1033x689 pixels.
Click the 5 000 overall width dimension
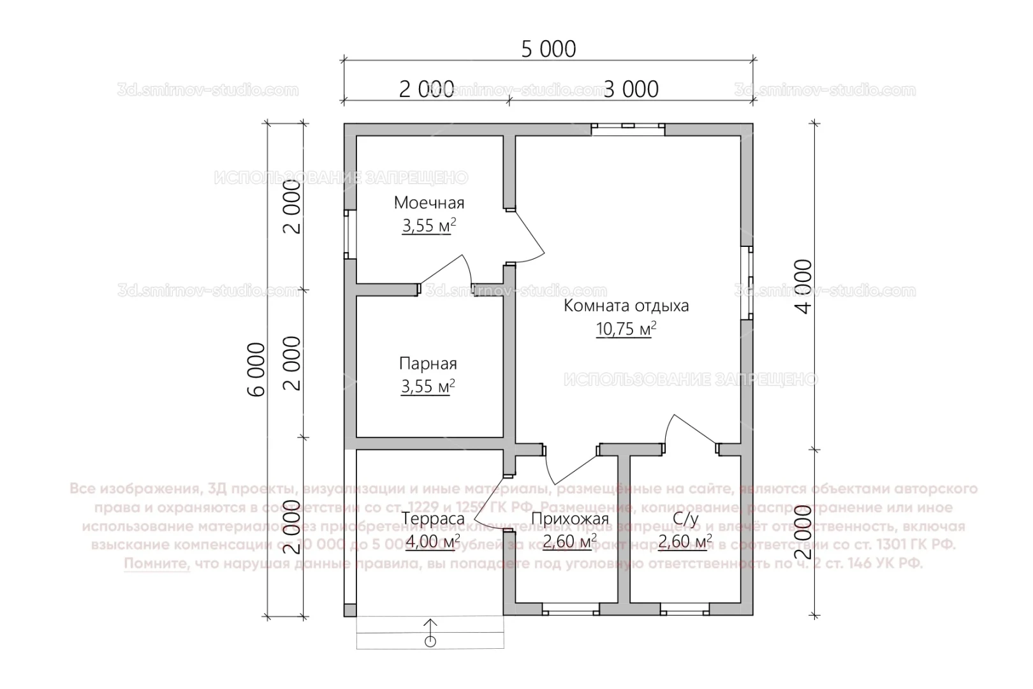548,49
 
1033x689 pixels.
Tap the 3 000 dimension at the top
631,89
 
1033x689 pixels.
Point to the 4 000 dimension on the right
804,286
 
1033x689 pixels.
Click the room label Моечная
429,203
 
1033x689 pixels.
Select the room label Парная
428,364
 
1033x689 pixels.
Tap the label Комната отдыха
626,306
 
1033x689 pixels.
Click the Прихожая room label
569,519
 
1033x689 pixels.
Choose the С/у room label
685,519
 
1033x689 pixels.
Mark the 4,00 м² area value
433,542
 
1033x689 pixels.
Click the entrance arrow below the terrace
430,632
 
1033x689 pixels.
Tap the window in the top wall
628,128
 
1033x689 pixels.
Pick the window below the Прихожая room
571,610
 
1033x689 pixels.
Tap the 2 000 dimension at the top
427,89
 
